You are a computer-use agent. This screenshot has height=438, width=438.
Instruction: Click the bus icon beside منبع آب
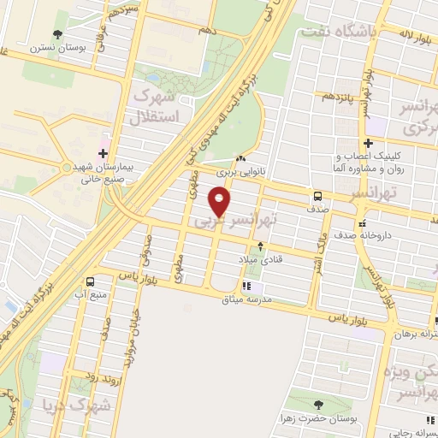coord(92,282)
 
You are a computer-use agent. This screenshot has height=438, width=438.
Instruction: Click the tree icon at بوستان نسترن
coord(57,34)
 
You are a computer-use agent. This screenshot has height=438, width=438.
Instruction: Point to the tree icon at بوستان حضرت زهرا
coord(318,405)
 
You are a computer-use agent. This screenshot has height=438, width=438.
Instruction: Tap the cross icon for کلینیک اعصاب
coord(368,143)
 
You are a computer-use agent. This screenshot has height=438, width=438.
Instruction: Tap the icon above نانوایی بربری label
coord(241,159)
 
